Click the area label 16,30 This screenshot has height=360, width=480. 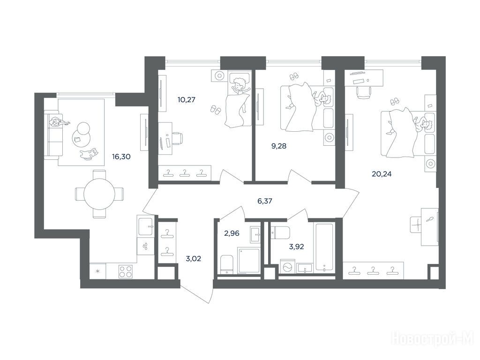point(121,157)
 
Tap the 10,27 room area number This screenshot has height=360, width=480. point(187,100)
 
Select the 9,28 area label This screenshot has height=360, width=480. point(279,146)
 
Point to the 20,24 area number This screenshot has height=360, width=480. point(382,174)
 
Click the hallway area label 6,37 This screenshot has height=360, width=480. point(265,201)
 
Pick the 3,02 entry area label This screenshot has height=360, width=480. point(194,259)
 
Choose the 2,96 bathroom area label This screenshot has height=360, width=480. point(232,233)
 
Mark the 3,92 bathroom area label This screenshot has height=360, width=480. point(296,247)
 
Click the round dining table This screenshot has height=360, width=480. point(99,194)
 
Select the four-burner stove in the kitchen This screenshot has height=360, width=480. point(126,271)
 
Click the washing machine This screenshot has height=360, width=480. point(288,266)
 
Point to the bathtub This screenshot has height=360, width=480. point(324,247)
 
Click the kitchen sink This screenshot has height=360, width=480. point(146,226)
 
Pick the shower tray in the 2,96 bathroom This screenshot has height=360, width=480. point(249,261)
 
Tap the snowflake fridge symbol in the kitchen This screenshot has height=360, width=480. point(98,271)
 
